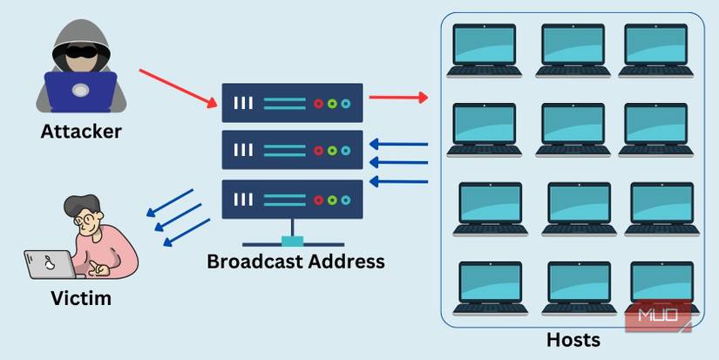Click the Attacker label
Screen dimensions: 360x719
coord(81,132)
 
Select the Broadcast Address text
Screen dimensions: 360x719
coord(295,261)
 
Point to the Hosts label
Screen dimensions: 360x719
coord(573,340)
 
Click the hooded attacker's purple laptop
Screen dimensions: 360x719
coord(80,92)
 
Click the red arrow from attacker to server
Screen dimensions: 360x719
coord(178,88)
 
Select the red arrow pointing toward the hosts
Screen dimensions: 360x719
coord(398,97)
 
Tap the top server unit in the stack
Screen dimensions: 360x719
coord(291,103)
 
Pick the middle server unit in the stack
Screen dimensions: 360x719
coord(291,150)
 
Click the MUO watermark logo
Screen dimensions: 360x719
coord(658,316)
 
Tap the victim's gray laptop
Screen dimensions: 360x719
coord(48,264)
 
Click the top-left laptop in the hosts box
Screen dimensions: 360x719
coord(484,50)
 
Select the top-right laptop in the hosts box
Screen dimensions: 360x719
coord(656,50)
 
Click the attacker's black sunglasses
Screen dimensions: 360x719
coord(81,49)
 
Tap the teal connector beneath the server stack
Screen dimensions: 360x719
coord(292,241)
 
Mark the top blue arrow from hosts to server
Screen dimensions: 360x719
coord(398,144)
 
